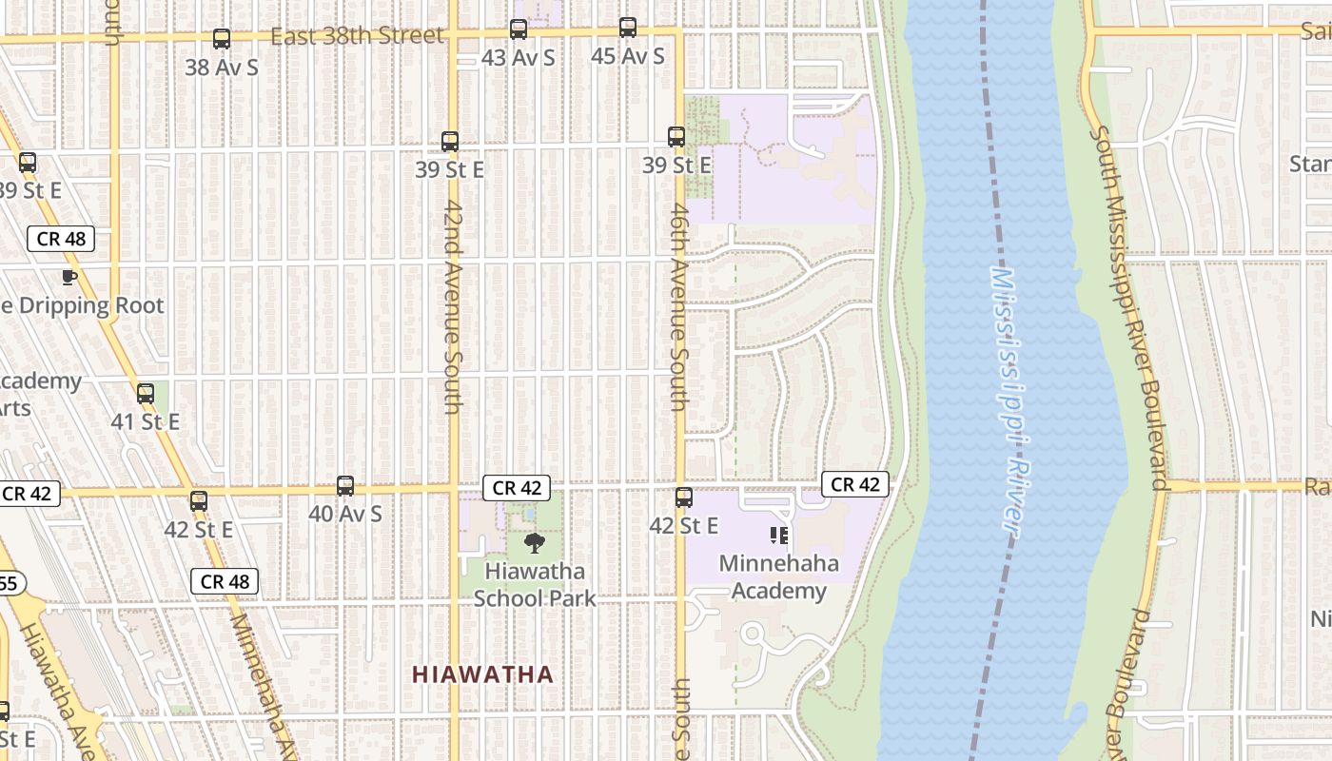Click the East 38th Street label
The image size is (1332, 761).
pos(357,36)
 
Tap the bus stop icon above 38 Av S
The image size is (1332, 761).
pos(222,39)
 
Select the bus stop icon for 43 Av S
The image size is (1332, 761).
pos(519,29)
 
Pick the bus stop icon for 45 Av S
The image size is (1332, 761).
pos(628,28)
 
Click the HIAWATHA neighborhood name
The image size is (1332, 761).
pos(482,674)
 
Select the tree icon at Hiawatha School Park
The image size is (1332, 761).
pos(535,543)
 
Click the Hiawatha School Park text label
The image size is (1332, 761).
pos(534,585)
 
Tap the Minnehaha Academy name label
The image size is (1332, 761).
pos(779,576)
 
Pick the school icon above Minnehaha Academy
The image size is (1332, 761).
pos(780,536)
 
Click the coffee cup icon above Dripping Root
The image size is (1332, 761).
pos(69,277)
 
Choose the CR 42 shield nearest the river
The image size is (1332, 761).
pos(855,484)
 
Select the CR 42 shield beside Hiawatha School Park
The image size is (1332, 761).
pos(517,487)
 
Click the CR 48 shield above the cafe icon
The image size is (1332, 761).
pos(62,238)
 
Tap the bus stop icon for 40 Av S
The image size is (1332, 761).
pos(345,486)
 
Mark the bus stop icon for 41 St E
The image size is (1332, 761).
pos(146,393)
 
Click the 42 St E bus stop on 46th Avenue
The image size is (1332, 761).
pos(684,498)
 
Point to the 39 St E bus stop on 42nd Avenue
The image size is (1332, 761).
pos(450,142)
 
